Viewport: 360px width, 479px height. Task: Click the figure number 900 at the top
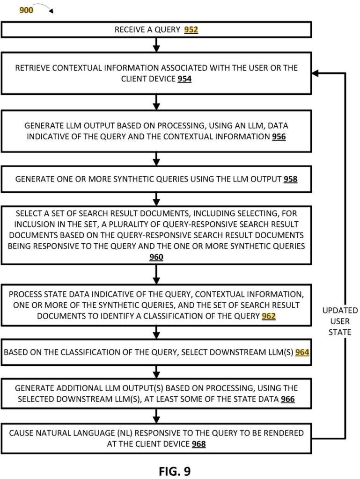[x=26, y=9]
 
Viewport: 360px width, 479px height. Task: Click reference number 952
[x=191, y=30]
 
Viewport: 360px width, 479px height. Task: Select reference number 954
[x=184, y=79]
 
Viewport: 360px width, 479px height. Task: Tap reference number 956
[x=279, y=137]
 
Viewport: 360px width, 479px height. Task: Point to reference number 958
[x=290, y=179]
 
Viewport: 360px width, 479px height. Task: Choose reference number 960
[x=156, y=257]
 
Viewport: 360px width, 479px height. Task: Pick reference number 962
[x=269, y=316]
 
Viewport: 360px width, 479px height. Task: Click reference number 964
[x=302, y=352]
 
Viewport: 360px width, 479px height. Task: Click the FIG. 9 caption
[x=175, y=470]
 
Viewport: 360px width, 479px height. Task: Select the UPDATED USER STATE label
[x=340, y=321]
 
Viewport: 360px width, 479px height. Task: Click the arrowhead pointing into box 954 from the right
[x=316, y=73]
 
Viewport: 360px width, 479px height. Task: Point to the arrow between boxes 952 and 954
[x=157, y=44]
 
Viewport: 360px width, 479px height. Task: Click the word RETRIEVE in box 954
[x=33, y=68]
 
